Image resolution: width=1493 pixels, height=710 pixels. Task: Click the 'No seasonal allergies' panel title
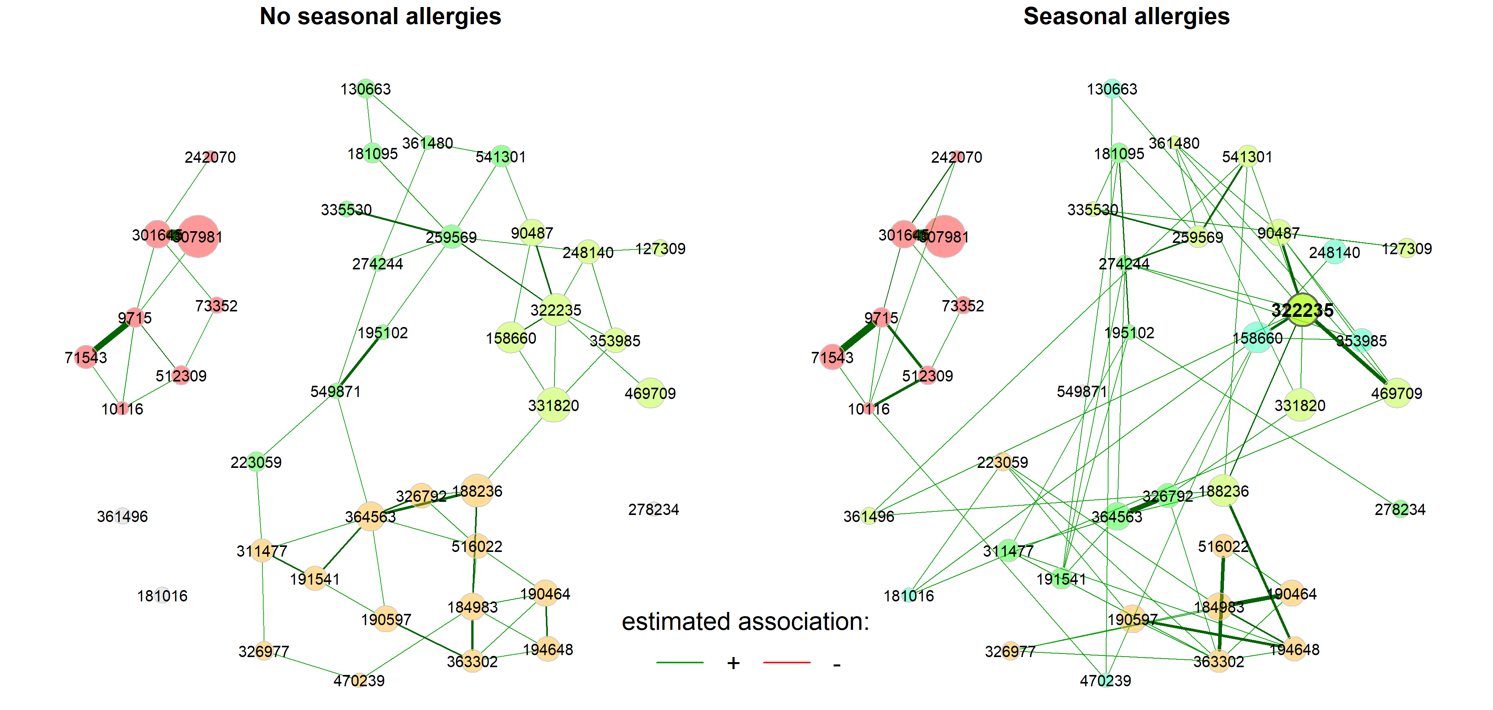(x=380, y=16)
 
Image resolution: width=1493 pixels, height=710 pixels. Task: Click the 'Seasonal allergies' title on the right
(x=1126, y=16)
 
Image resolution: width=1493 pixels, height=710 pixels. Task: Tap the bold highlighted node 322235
(x=1302, y=310)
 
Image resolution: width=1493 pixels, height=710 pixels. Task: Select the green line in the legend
(x=680, y=662)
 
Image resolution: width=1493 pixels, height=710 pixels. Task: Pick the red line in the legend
(x=787, y=662)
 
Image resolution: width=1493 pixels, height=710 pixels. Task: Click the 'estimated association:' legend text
(x=745, y=622)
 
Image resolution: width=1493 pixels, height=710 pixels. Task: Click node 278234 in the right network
(x=1400, y=509)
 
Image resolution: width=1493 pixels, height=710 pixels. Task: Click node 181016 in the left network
(x=162, y=595)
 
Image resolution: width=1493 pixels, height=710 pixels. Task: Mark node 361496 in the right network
(x=869, y=516)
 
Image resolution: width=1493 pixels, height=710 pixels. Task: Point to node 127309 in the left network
(x=660, y=248)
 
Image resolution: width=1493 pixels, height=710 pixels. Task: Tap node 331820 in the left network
(x=554, y=405)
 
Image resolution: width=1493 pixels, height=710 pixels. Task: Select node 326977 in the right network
(x=1010, y=651)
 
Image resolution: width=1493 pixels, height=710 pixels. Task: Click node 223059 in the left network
(x=256, y=462)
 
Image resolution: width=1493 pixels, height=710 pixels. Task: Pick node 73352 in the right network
(x=963, y=305)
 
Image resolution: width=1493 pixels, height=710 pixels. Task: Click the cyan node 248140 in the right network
(x=1334, y=252)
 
